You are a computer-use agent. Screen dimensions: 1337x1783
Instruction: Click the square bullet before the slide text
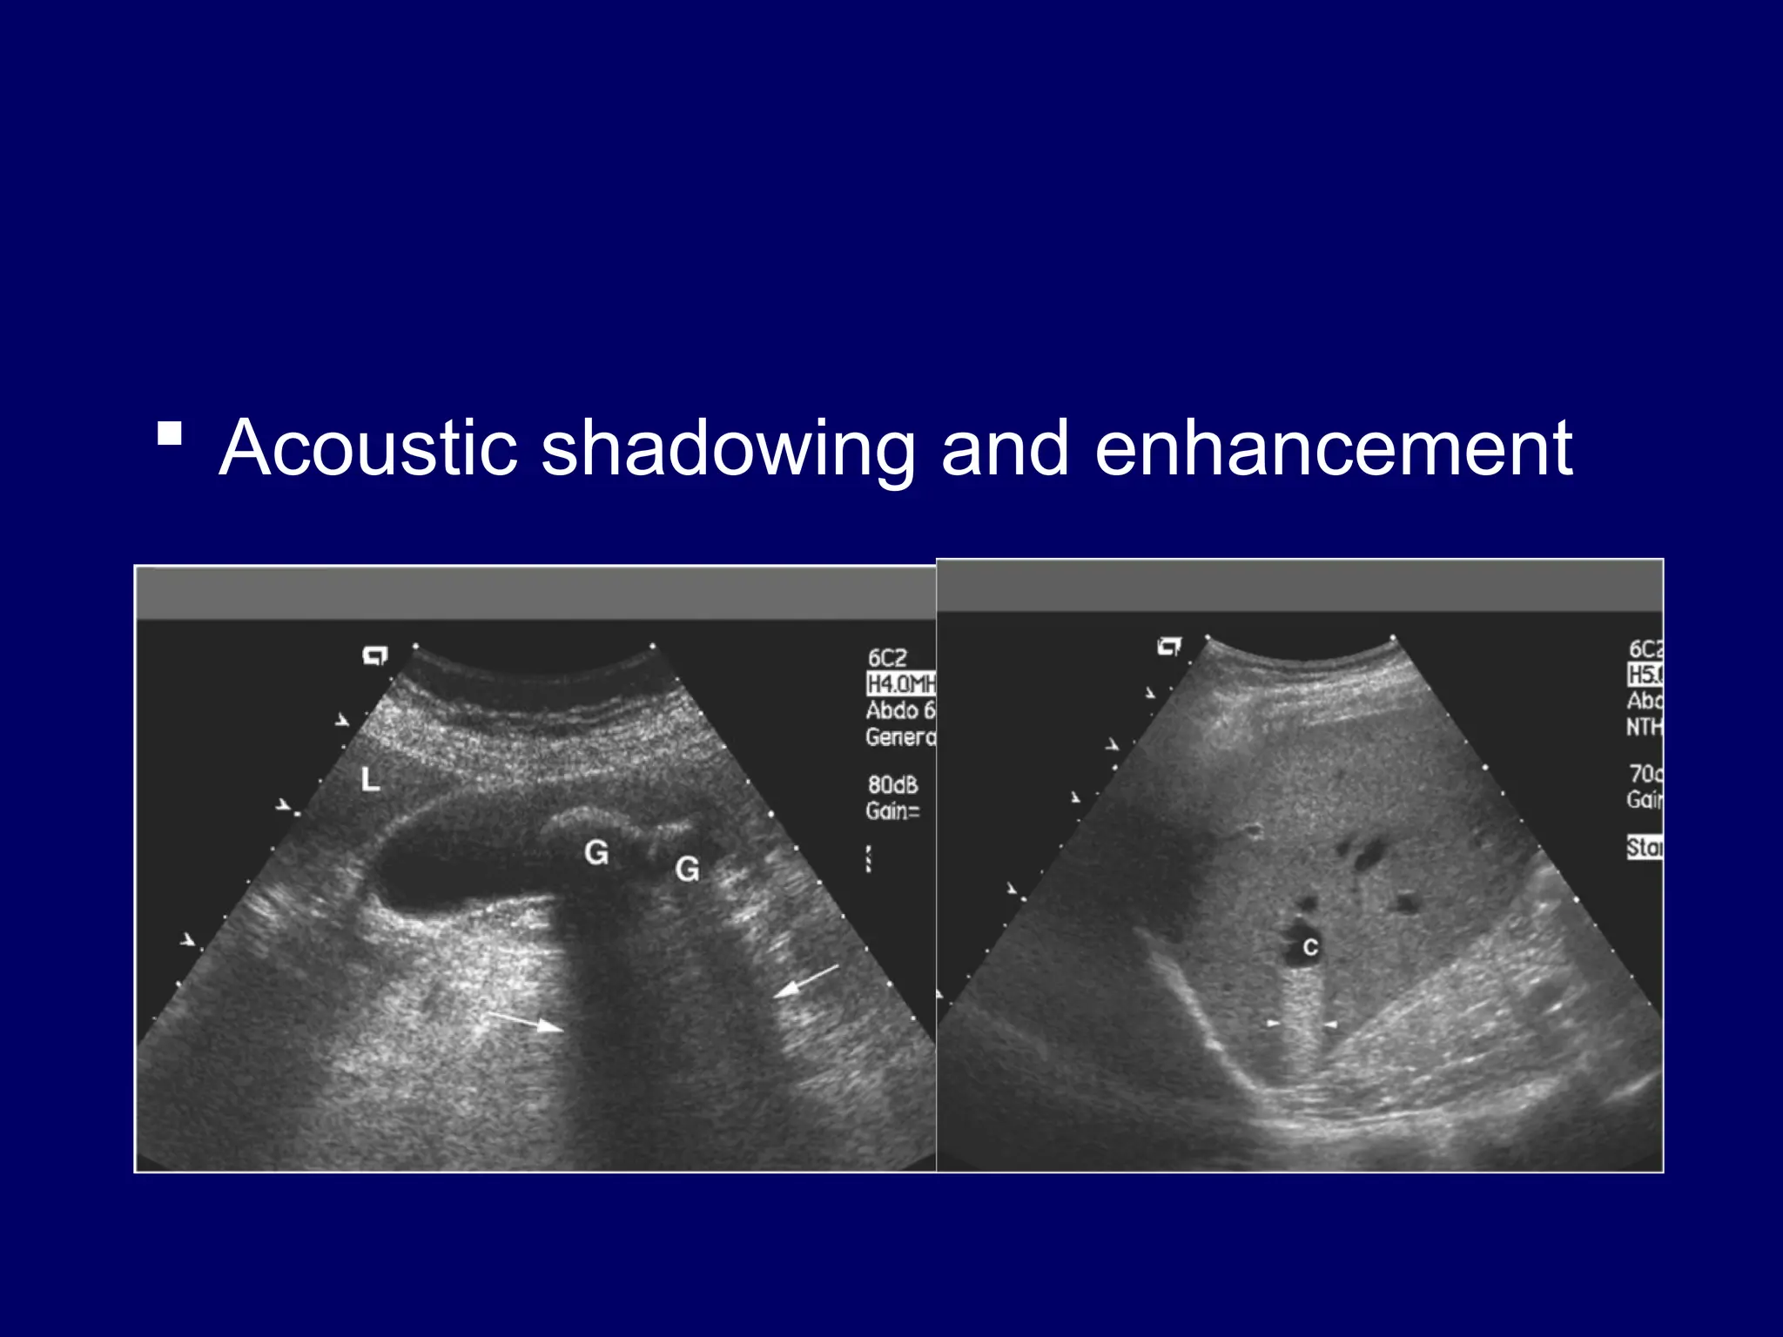pos(170,433)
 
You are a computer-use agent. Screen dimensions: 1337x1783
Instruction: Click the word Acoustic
pos(368,448)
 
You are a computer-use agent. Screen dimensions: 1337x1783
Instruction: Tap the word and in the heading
pos(1005,448)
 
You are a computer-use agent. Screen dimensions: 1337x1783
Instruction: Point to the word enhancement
pos(1333,448)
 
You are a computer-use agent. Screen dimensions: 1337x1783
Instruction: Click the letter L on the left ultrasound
pos(371,779)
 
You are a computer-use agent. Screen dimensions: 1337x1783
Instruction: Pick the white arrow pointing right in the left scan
pos(526,1022)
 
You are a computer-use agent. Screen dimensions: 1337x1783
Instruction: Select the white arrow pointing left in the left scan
pos(806,981)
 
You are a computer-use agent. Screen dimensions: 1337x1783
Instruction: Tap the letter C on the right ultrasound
pos(1310,948)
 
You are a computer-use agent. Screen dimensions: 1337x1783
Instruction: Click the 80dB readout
pos(892,785)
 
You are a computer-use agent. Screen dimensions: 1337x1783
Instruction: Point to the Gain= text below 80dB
pos(892,811)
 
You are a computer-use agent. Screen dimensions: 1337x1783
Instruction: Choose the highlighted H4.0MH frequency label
pos(901,684)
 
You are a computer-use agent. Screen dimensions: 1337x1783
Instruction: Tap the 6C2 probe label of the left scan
pos(887,658)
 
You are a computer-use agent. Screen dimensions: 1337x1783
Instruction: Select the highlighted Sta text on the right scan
pos(1645,847)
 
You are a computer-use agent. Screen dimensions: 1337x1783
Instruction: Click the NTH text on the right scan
pos(1645,727)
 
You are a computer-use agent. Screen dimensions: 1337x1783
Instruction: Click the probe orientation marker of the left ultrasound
pos(375,655)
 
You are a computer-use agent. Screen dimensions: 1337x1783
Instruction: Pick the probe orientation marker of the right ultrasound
pos(1170,647)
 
